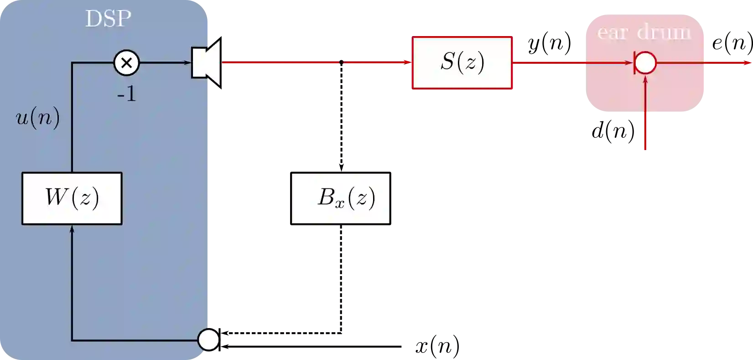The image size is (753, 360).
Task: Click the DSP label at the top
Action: tap(108, 19)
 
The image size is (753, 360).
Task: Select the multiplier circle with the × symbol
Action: tap(126, 63)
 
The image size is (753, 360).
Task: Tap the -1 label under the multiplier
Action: tap(126, 94)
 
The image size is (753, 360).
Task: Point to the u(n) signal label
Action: tap(38, 118)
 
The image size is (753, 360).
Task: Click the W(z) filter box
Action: tap(72, 198)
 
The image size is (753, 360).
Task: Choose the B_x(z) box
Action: tap(341, 198)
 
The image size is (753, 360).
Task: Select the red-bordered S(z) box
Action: tap(462, 63)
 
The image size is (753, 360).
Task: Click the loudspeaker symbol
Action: tap(207, 63)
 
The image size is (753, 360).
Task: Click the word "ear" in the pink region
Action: tap(613, 32)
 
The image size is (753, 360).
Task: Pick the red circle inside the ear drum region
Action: tap(645, 63)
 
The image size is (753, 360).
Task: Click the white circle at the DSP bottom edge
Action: tap(208, 340)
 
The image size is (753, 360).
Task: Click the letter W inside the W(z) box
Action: tap(56, 198)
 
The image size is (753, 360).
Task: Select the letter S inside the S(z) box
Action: tap(447, 62)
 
